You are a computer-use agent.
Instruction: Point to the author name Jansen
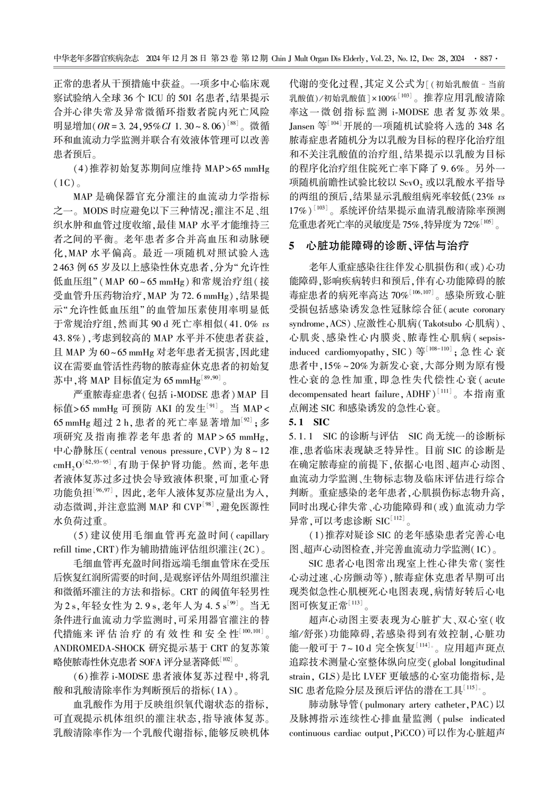(x=302, y=126)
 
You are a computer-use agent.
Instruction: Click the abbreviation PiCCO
(x=409, y=733)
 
